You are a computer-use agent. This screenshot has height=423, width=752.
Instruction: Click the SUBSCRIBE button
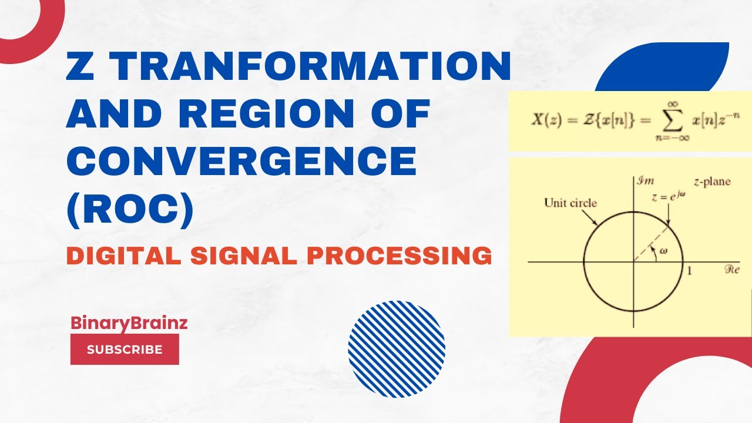(125, 349)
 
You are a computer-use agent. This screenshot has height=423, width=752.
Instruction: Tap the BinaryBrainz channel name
(129, 323)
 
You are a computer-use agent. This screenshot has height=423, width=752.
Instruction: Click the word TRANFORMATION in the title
(312, 66)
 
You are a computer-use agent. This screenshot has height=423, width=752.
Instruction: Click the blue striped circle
(397, 348)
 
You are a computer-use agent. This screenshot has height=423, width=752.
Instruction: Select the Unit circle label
(570, 203)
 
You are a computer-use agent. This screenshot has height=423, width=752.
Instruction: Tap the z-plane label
(711, 182)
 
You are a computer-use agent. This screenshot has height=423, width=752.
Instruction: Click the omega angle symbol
(664, 251)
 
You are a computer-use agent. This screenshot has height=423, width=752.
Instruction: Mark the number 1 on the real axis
(690, 271)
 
